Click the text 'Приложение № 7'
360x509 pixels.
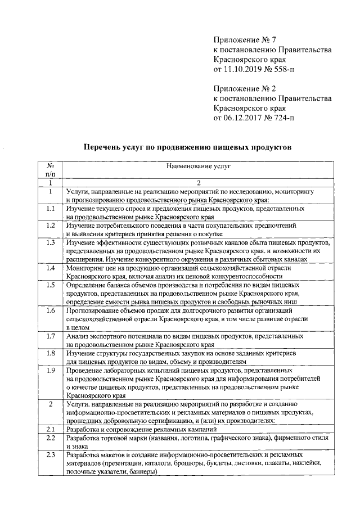tap(245, 39)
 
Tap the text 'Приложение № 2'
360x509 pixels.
tap(245, 88)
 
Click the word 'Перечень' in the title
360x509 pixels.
tap(103, 147)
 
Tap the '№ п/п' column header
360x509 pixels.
tap(50, 170)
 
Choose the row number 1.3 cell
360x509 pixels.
tap(50, 243)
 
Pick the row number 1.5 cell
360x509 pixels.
tap(50, 285)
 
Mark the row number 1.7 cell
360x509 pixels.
tap(50, 336)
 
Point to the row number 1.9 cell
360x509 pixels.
tap(50, 371)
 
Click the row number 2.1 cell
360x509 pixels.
tap(50, 430)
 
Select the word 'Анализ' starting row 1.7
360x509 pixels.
tap(77, 336)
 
